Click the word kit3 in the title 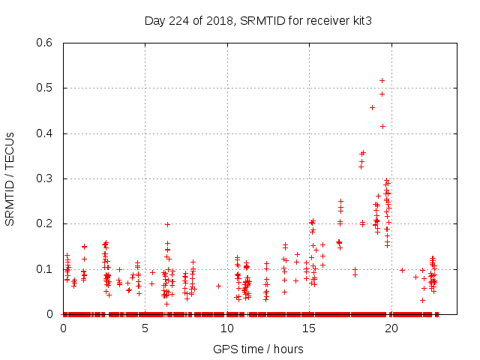pyautogui.click(x=360, y=20)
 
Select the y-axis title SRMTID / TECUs pyautogui.click(x=10, y=178)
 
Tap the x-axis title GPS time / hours pyautogui.click(x=258, y=349)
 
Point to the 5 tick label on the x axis pyautogui.click(x=145, y=328)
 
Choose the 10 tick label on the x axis pyautogui.click(x=227, y=328)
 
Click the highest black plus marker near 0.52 pyautogui.click(x=382, y=80)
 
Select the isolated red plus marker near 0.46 pyautogui.click(x=372, y=107)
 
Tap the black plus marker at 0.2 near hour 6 pyautogui.click(x=167, y=224)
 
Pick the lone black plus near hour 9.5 pyautogui.click(x=218, y=286)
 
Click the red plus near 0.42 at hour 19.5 pyautogui.click(x=382, y=126)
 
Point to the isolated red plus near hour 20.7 pyautogui.click(x=402, y=270)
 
